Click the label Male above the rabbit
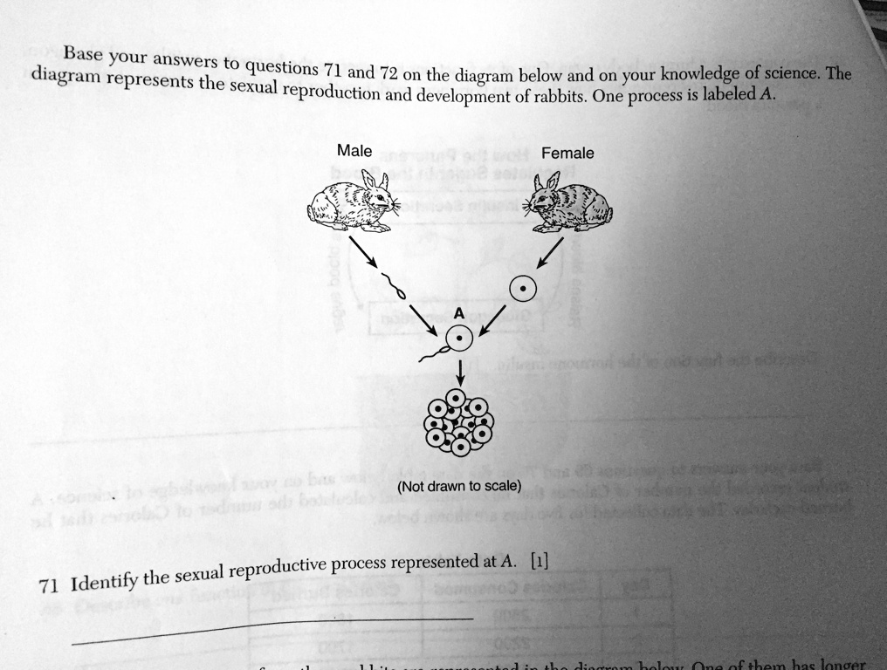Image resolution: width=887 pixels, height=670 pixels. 354,151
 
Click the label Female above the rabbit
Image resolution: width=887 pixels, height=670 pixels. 567,154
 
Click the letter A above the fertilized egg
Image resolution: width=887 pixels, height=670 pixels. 459,314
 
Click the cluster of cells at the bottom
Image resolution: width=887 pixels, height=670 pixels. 458,422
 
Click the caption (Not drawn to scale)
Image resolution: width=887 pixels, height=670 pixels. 458,486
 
